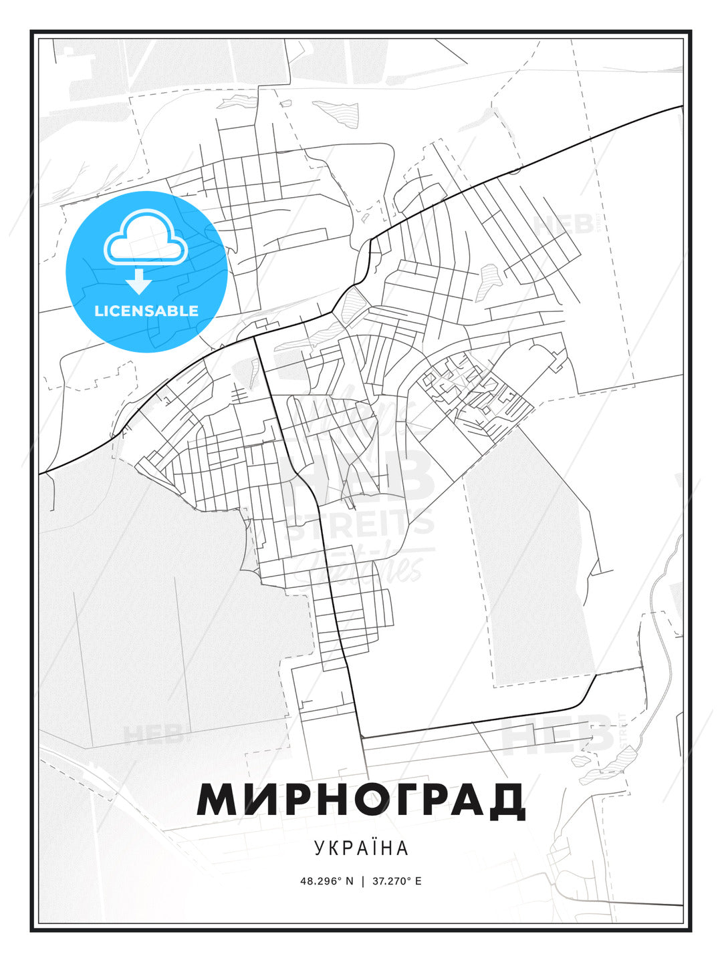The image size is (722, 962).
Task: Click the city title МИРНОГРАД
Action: pos(361,800)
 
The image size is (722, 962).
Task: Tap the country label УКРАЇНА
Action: pos(361,848)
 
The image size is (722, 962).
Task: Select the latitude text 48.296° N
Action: pos(326,880)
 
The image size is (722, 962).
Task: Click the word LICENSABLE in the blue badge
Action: pos(146,311)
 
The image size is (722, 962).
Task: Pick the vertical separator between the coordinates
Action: pos(362,880)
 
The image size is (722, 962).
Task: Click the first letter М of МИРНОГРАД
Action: pos(215,800)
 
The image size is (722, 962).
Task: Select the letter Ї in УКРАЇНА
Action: pos(376,847)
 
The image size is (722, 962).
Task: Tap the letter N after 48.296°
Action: pos(348,880)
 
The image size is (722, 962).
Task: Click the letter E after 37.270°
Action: pos(418,880)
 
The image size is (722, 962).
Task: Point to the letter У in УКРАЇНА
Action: pos(318,848)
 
